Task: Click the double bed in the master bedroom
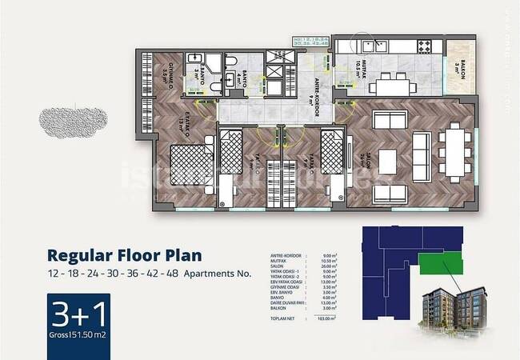click(x=192, y=164)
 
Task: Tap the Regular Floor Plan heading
click(x=124, y=257)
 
